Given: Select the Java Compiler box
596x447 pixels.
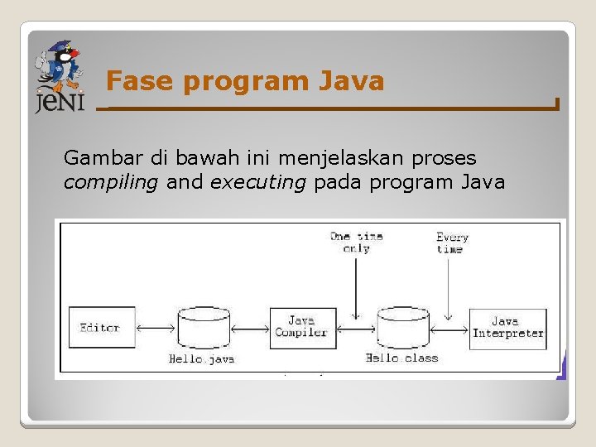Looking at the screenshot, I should click(x=303, y=328).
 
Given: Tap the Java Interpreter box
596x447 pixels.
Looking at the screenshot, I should click(x=507, y=329).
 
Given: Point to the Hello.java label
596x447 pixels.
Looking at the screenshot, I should click(x=202, y=359).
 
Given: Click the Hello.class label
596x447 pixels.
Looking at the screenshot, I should click(x=402, y=358).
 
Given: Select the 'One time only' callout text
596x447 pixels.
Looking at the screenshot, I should click(x=356, y=242).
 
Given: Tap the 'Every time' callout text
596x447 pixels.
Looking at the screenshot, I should click(x=451, y=243).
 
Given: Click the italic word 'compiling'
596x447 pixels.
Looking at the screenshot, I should click(x=111, y=182).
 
